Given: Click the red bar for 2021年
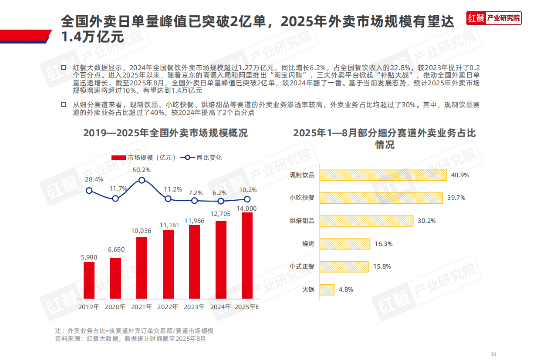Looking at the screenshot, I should (142, 268).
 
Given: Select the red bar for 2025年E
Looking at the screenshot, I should (247, 256).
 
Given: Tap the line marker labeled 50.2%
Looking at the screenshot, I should (142, 180).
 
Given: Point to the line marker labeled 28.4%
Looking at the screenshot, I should (89, 190).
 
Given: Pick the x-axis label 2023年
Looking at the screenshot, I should (194, 307).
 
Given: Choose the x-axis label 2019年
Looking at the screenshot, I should (89, 307).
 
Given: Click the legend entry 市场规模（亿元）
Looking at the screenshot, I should (144, 158).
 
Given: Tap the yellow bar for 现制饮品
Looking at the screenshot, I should (383, 175).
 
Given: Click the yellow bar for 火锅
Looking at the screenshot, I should (327, 289).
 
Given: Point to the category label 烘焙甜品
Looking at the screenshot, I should (302, 221).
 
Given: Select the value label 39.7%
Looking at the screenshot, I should (456, 198).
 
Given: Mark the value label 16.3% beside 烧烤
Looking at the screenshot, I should (383, 244).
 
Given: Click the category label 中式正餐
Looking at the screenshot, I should (302, 266).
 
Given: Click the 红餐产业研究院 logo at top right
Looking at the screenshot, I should (493, 18).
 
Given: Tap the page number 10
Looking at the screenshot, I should (493, 354).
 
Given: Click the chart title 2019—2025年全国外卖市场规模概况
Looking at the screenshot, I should (165, 133).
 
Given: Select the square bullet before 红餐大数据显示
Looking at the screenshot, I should (64, 67).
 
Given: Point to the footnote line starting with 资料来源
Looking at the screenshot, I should (130, 338).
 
